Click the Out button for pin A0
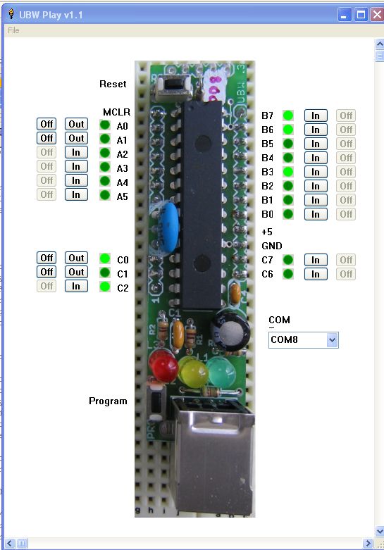76,124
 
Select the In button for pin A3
76,167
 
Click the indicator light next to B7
288,115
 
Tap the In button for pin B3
316,172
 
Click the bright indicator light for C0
105,258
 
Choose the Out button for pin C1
76,273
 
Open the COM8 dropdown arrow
332,340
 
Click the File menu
13,30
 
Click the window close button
377,15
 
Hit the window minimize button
345,15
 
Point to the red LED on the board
163,366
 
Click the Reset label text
113,85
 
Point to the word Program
108,401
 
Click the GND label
272,246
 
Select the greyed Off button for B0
346,214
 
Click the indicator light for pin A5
105,195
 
